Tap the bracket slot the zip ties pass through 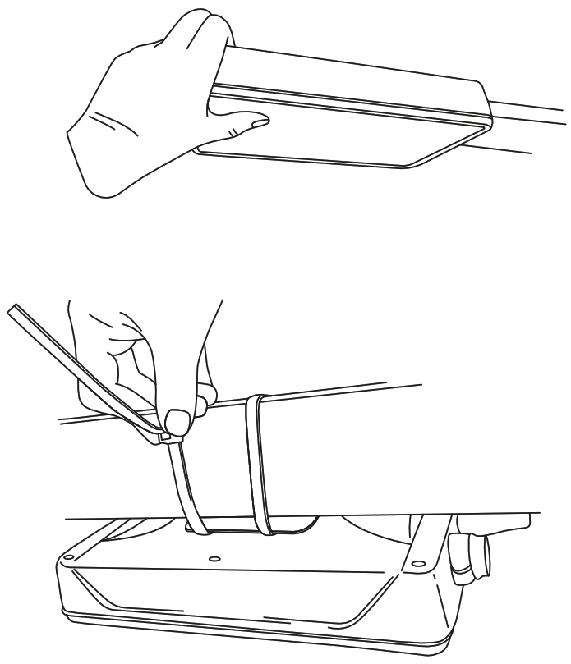[x=246, y=530]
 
